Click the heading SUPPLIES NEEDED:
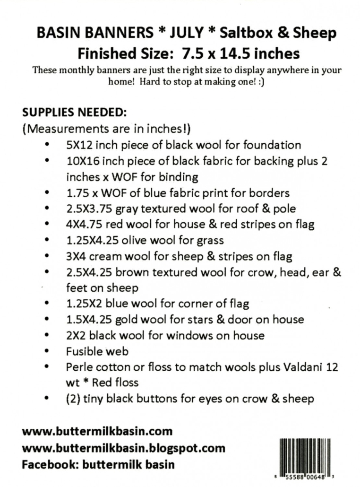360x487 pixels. coord(74,113)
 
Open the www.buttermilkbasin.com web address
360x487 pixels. coord(97,432)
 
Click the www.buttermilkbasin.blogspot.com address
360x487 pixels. coord(123,448)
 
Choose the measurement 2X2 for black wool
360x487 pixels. coord(76,336)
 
